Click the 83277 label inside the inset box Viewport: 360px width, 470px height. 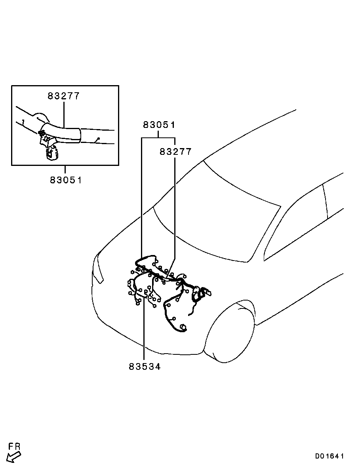point(64,96)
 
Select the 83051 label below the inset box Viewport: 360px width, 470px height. point(66,180)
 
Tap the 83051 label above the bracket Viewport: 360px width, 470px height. point(159,125)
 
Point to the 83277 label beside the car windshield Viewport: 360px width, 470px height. point(175,152)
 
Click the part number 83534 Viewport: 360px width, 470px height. point(145,367)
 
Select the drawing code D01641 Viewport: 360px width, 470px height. point(329,456)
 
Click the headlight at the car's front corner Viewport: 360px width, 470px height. point(98,270)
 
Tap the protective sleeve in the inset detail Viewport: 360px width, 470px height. point(63,133)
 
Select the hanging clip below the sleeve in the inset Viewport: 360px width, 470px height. point(51,153)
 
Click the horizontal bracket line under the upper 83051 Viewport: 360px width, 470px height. point(158,137)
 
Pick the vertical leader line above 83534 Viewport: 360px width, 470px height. point(144,329)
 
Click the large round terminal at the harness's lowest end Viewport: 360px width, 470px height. point(183,327)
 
